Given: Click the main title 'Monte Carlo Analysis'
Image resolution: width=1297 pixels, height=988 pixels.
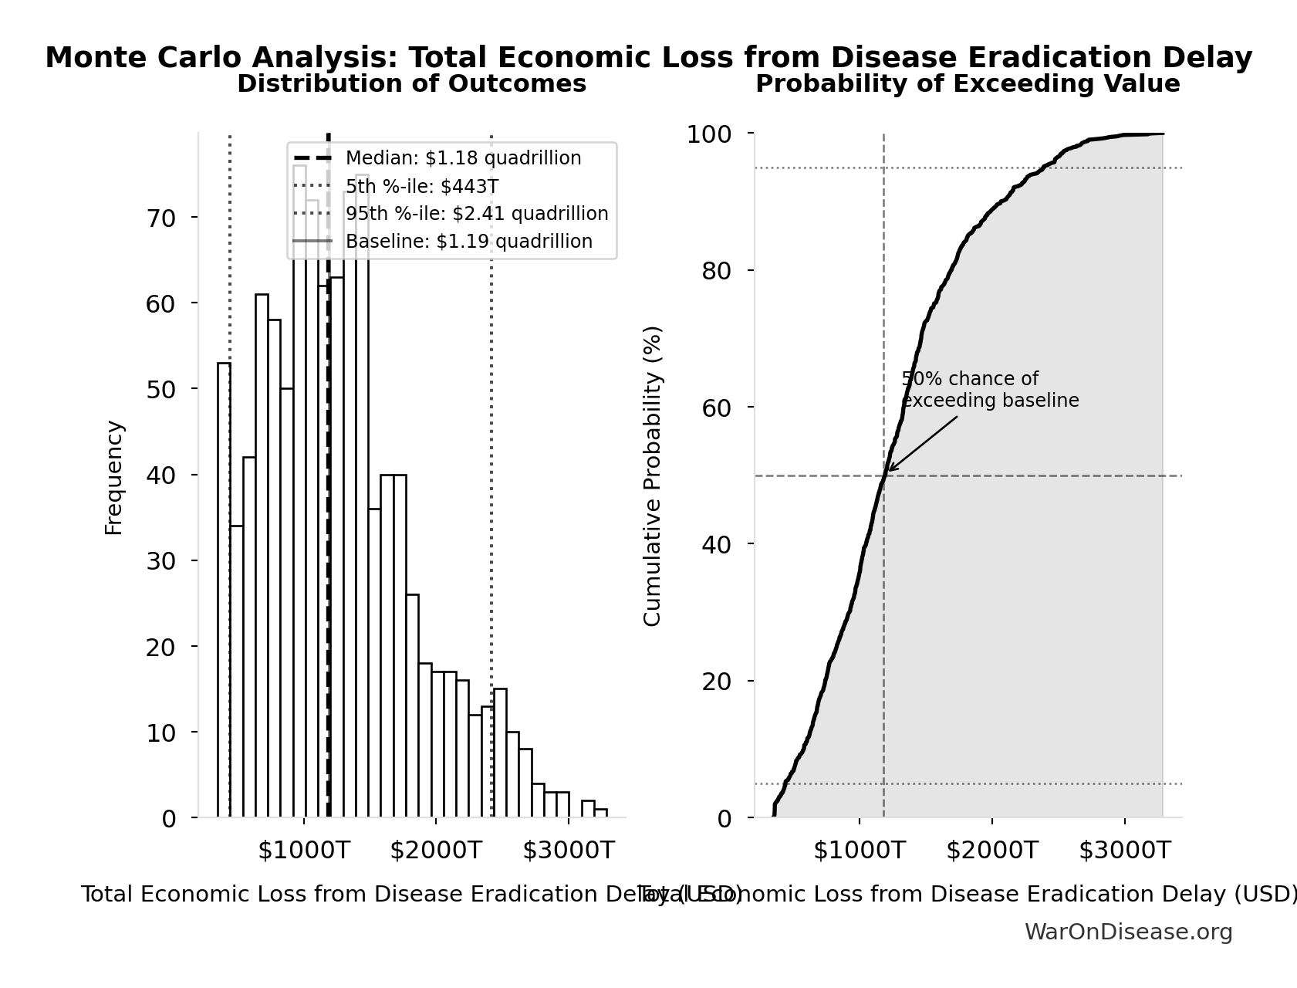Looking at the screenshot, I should click(x=648, y=58).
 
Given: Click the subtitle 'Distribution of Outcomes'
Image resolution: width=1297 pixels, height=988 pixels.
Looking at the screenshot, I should click(x=411, y=84).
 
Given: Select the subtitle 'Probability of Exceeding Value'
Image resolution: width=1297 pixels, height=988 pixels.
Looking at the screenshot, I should click(x=967, y=84).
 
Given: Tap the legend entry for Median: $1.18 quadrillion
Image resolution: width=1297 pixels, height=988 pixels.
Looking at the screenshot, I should click(x=463, y=158).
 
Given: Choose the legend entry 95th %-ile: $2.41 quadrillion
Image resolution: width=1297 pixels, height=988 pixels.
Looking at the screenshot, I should click(x=476, y=214).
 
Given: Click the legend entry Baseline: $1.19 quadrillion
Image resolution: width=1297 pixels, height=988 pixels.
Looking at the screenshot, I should click(x=468, y=242).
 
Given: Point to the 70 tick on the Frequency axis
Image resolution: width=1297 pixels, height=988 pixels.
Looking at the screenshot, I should click(x=161, y=218).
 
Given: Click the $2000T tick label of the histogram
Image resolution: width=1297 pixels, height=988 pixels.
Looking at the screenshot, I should click(x=436, y=851).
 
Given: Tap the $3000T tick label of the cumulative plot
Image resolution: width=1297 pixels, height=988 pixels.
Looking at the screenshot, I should click(x=1124, y=851).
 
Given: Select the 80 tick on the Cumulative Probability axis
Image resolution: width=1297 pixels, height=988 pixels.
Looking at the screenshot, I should click(x=716, y=271).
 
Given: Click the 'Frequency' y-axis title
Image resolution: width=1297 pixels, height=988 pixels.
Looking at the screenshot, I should click(x=113, y=477).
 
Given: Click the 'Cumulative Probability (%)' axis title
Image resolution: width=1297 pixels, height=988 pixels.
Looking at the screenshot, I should click(x=652, y=475).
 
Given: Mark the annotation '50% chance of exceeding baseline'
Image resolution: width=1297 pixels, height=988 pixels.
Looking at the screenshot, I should click(x=989, y=390).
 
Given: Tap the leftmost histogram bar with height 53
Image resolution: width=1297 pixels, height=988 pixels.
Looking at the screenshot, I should click(x=224, y=590).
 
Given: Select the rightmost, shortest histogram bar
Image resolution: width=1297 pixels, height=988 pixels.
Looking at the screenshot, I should click(x=600, y=813).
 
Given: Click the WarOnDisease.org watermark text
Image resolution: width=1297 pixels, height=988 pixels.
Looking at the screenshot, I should click(x=1127, y=932).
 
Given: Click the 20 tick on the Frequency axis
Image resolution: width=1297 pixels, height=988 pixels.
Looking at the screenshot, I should click(x=161, y=647).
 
